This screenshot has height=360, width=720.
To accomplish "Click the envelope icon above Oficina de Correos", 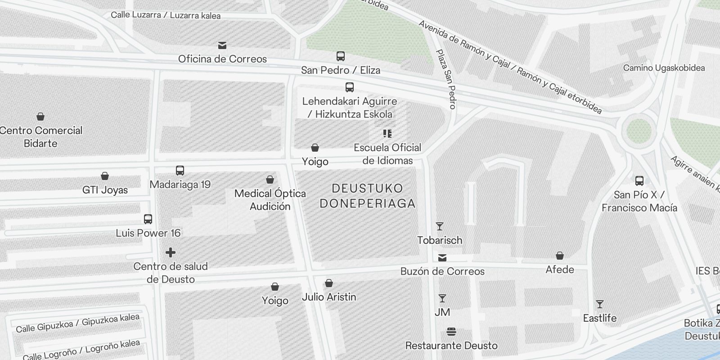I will pos(222,45).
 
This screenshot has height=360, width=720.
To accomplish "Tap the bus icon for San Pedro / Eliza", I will pos(341,56).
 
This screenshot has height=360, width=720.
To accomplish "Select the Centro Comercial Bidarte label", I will pos(40,137).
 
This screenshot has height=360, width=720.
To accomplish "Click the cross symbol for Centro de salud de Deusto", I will pos(171,252).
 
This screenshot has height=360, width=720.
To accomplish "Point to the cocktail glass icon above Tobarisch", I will pos(440,226).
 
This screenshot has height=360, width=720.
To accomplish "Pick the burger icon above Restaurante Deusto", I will pos(451,332).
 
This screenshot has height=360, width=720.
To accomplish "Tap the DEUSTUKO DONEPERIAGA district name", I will pos(367,196).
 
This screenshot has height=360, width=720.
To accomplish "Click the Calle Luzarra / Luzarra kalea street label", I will pos(166,15).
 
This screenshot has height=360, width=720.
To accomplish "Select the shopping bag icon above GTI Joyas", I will pos(105,175).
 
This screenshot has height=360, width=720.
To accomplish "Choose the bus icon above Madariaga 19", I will pos(180,171).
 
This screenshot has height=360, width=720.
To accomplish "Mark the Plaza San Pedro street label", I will pos(446,79).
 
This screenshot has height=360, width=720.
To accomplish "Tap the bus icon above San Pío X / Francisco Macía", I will pos(639,181).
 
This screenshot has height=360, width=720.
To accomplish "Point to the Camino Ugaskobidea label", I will pos(664,68).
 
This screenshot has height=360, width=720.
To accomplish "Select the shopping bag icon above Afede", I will pos(560,256).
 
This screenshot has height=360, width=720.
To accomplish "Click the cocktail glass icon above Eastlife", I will pos(599,304).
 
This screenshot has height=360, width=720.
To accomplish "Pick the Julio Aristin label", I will pos(329,297).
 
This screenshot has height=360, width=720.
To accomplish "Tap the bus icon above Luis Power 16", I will pos(148,219).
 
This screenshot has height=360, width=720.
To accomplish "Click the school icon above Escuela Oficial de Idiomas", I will pos(387,134).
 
